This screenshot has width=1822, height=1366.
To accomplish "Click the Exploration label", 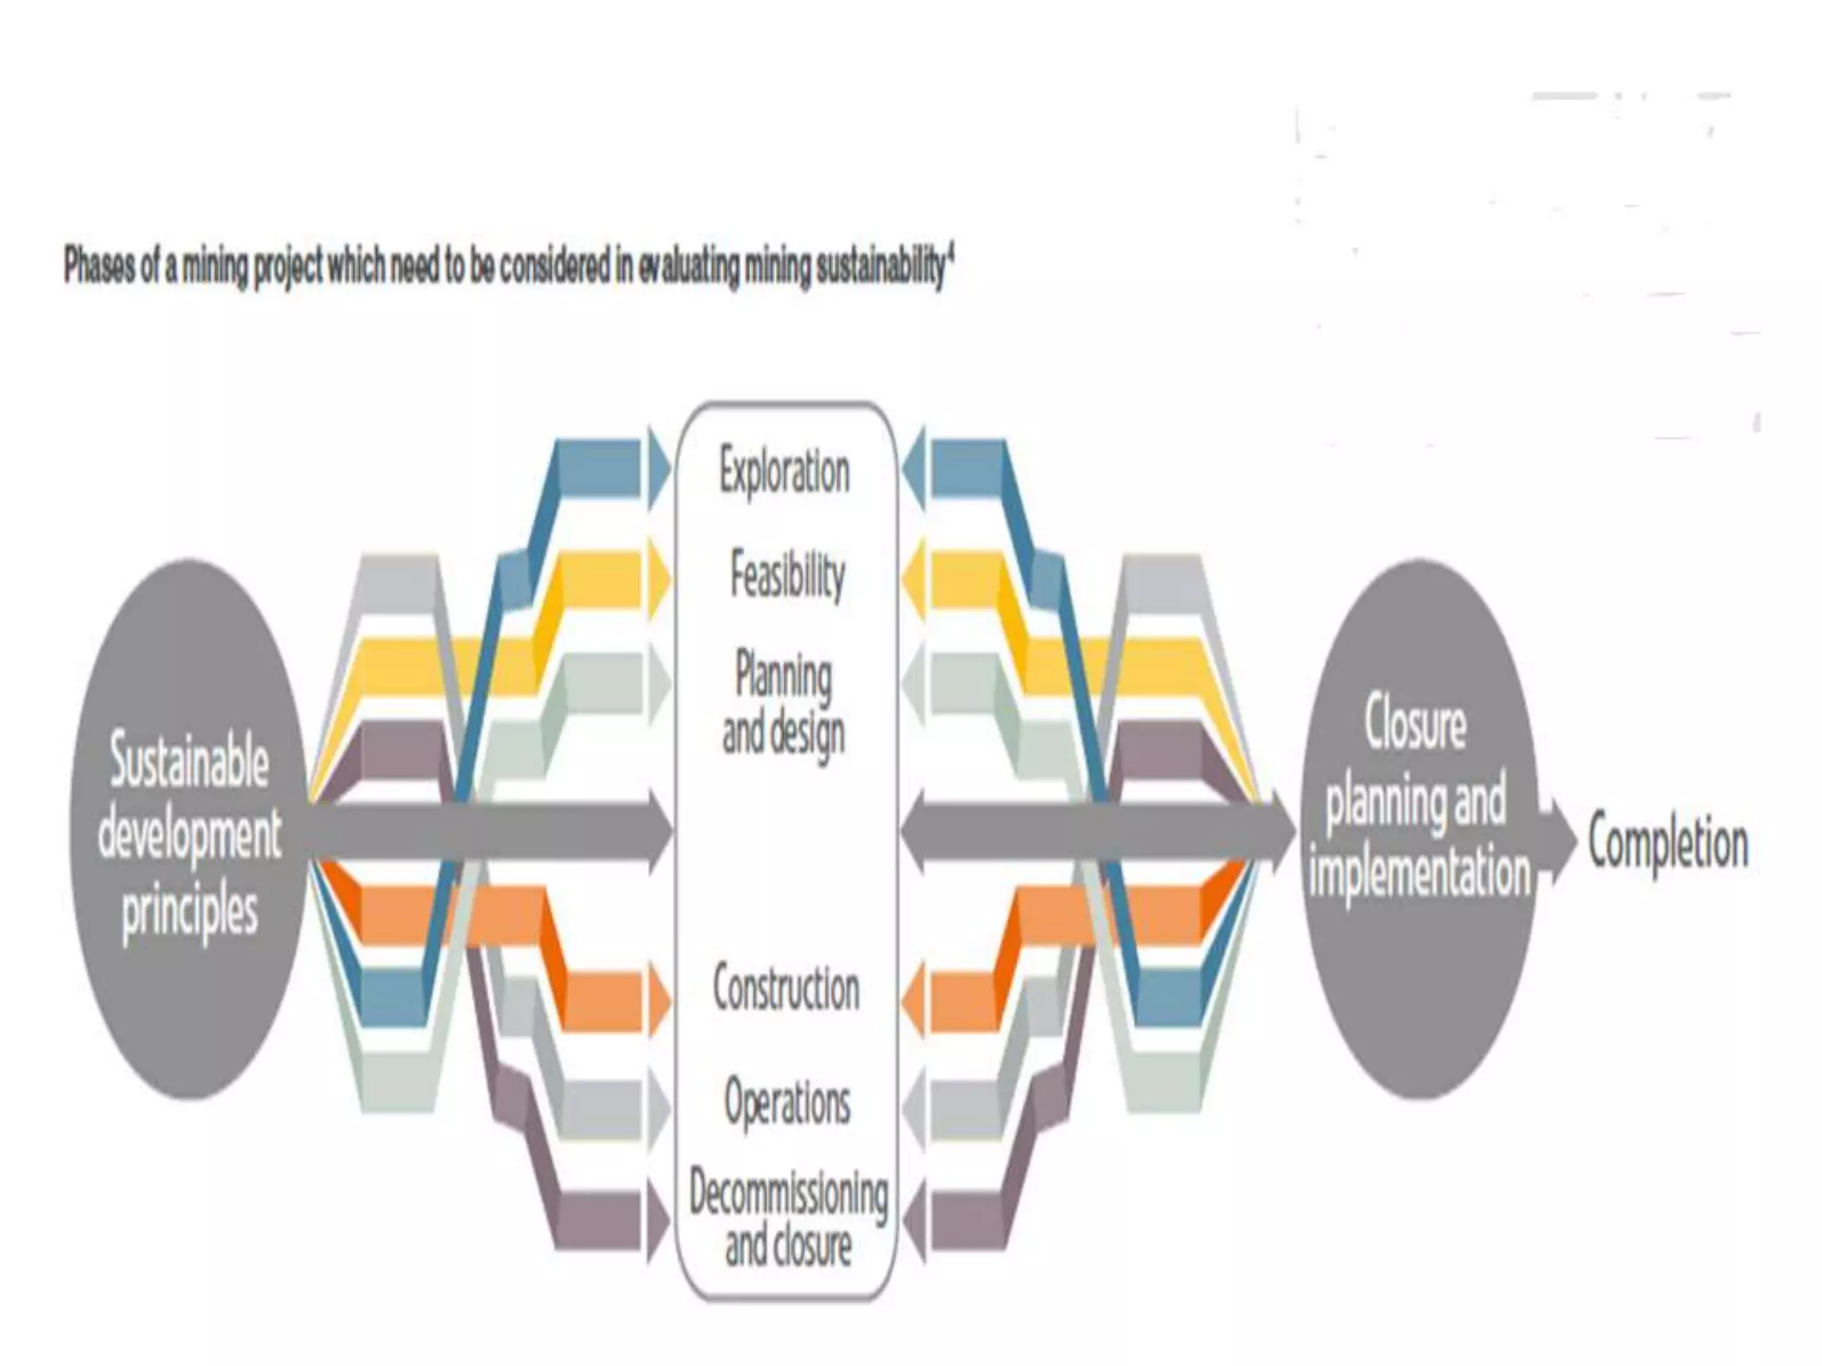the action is click(x=784, y=471).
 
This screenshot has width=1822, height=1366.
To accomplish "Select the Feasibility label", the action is click(x=787, y=575).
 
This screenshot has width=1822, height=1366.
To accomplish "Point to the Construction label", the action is click(x=786, y=988).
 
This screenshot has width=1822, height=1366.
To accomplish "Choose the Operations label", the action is click(x=787, y=1102).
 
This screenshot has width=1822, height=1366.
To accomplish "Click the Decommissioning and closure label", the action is click(x=788, y=1218).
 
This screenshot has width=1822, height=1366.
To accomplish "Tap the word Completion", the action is click(x=1668, y=844).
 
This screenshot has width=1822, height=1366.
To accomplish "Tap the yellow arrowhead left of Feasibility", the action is click(x=658, y=579).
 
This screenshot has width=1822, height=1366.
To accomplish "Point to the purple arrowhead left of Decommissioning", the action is click(x=658, y=1223).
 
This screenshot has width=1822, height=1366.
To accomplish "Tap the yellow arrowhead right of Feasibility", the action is click(x=914, y=579).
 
